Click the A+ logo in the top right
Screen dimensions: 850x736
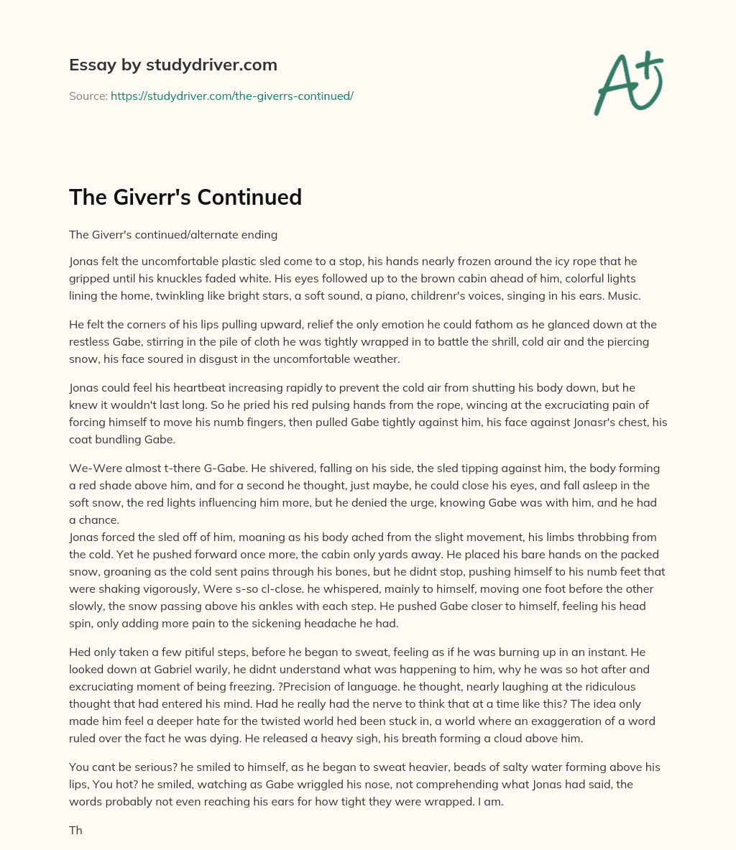(628, 83)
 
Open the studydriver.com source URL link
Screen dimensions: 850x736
(231, 96)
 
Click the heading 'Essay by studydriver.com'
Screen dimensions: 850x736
(172, 65)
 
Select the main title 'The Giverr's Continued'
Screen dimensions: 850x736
(185, 197)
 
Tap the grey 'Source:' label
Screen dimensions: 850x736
(88, 96)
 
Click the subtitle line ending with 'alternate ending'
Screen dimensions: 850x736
(172, 234)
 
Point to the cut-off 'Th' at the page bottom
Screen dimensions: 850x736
(75, 830)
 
